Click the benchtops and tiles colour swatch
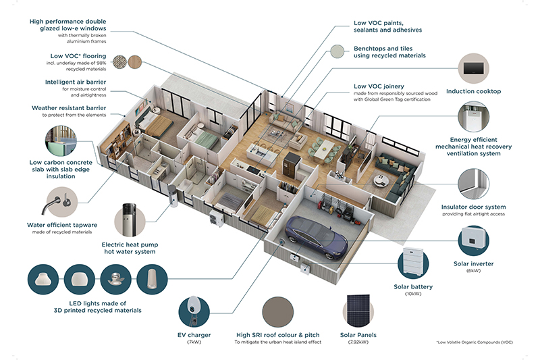click(x=337, y=53)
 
